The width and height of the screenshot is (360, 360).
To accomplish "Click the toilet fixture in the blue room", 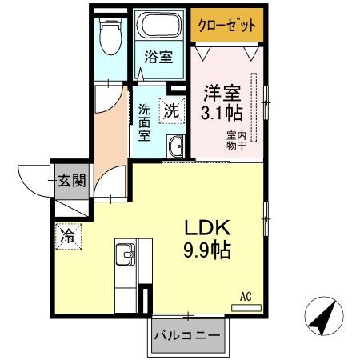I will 110,34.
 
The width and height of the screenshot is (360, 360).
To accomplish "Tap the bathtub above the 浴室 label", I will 159,27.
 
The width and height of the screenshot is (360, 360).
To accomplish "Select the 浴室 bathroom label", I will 159,57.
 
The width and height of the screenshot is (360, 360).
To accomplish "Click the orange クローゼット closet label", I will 227,26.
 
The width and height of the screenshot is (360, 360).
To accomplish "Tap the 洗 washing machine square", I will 172,111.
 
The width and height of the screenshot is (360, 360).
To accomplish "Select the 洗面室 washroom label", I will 144,122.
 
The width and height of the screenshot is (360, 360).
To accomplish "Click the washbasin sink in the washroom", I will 176,147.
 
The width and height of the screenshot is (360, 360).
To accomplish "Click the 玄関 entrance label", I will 71,180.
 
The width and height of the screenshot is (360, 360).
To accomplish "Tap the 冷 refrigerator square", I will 69,236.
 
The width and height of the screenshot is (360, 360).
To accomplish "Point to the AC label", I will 246,296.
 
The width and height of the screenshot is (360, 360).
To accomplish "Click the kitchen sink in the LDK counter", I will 126,256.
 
